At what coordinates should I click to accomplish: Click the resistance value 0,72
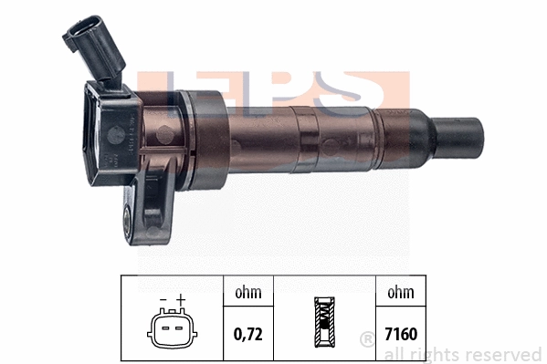248,334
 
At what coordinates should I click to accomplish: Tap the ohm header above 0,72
248,293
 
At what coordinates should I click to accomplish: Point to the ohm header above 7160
402,293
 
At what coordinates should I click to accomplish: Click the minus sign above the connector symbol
163,299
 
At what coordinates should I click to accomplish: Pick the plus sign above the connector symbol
181,299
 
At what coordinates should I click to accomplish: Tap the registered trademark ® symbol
367,339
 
